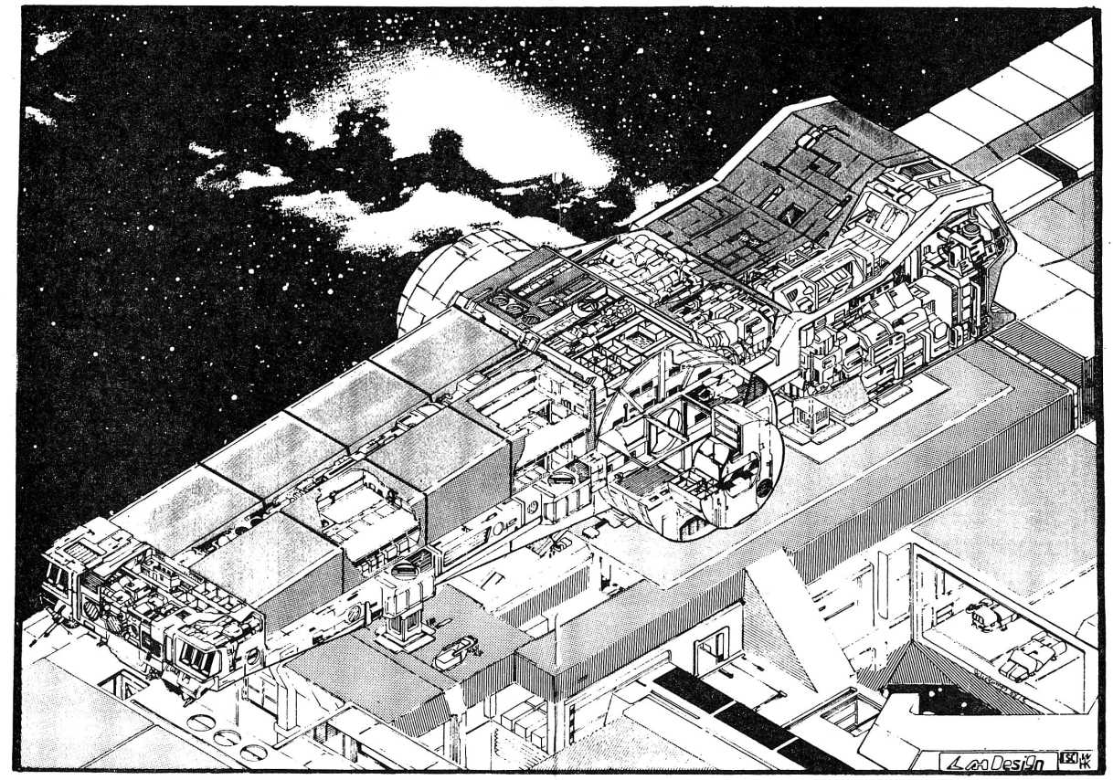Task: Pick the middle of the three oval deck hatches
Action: click(x=226, y=737)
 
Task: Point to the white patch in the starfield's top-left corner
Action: click(x=49, y=42)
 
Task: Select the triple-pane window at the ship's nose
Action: click(x=196, y=655)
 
